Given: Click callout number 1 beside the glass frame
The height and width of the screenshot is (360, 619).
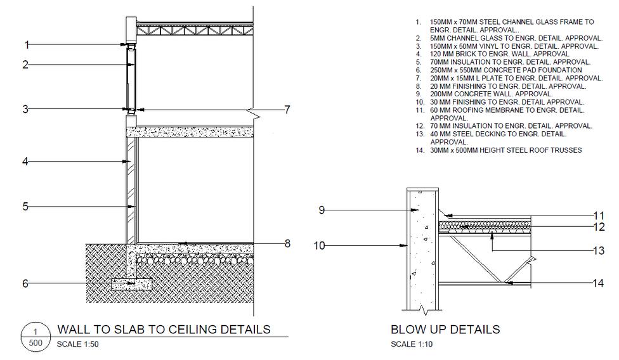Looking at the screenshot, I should click(27, 44).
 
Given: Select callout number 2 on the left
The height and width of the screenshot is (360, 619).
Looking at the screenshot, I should click(26, 65).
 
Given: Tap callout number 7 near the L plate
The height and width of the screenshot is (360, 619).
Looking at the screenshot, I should click(287, 110).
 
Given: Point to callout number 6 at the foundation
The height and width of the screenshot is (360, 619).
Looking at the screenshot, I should click(26, 283).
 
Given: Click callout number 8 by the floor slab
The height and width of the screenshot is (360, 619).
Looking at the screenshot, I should click(287, 243).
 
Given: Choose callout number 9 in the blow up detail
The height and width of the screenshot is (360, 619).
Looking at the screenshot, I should click(322, 210).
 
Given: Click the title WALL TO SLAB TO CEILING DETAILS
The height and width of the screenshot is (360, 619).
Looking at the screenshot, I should click(164, 329).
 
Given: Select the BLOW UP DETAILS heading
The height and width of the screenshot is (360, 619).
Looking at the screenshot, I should click(445, 330).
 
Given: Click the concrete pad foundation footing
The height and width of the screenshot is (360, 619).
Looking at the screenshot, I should click(131, 285).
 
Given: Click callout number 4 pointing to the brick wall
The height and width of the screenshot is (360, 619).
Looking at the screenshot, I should click(26, 162).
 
